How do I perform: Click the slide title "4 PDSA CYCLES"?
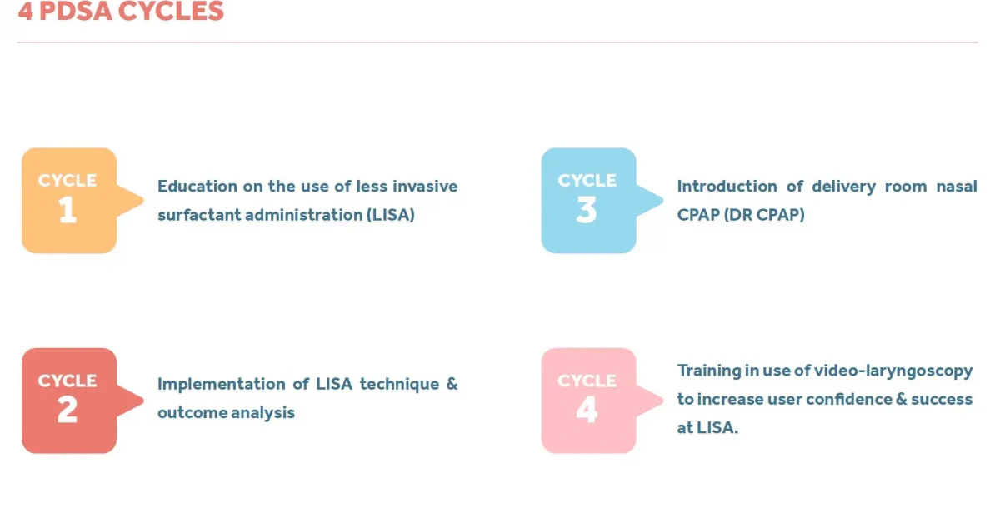coord(121,12)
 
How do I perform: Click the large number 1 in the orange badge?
coord(67,211)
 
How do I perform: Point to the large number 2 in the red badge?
coord(67,411)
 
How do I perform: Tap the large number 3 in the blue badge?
coord(587,211)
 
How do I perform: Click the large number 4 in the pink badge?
coord(587,411)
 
